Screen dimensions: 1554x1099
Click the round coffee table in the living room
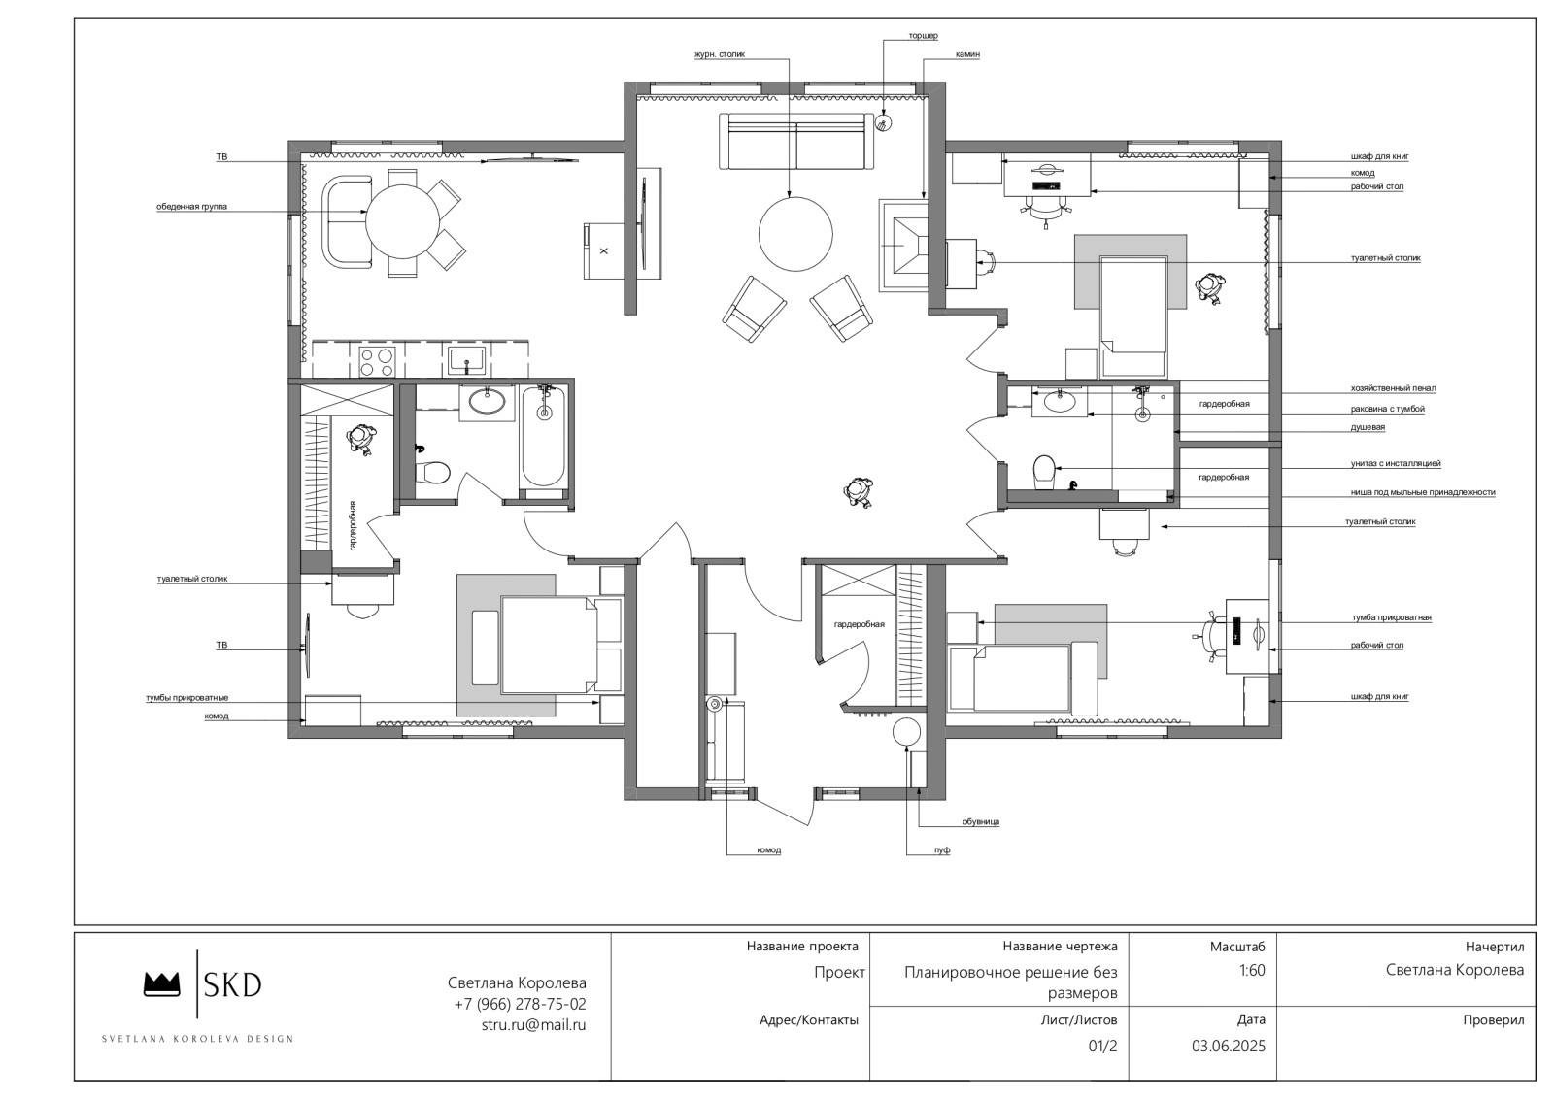pyautogui.click(x=795, y=234)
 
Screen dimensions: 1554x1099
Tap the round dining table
pyautogui.click(x=402, y=222)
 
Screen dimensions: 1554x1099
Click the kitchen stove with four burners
pyautogui.click(x=377, y=360)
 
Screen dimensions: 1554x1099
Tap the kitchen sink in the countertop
pyautogui.click(x=467, y=360)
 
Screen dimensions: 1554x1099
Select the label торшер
pyautogui.click(x=923, y=35)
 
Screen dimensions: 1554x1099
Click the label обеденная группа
pyautogui.click(x=191, y=207)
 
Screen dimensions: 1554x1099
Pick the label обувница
pyautogui.click(x=980, y=821)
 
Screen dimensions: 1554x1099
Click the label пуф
pyautogui.click(x=941, y=850)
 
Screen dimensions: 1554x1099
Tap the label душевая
pyautogui.click(x=1368, y=427)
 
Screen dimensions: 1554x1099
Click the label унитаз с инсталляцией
pyautogui.click(x=1395, y=463)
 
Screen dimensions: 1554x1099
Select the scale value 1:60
pyautogui.click(x=1252, y=970)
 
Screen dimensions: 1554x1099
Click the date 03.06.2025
pyautogui.click(x=1228, y=1046)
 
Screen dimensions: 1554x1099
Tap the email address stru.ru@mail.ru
pyautogui.click(x=533, y=1025)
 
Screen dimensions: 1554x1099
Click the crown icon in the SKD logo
pyautogui.click(x=161, y=983)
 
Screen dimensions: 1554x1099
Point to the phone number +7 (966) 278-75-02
pyautogui.click(x=520, y=1004)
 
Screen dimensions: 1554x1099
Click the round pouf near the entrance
pyautogui.click(x=905, y=732)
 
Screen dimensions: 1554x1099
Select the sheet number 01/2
pyautogui.click(x=1102, y=1046)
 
